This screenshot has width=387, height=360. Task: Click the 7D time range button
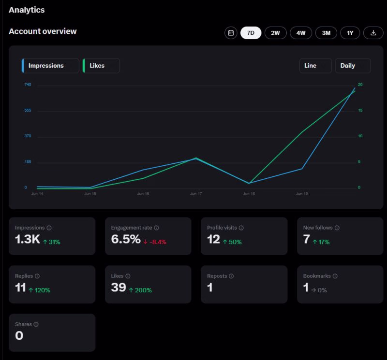[251, 33]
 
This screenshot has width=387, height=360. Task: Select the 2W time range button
[275, 33]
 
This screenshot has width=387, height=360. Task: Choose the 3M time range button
[326, 33]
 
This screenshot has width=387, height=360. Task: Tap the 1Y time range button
[350, 33]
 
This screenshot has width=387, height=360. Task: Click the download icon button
[373, 33]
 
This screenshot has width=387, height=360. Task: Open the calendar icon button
[231, 33]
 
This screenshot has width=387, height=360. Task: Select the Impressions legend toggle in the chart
[50, 66]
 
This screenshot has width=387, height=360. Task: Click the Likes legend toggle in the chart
[101, 66]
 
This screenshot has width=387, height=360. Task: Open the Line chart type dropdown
[315, 66]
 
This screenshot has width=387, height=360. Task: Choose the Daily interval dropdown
[353, 66]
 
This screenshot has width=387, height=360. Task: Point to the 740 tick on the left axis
[28, 85]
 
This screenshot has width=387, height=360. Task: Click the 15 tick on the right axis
[360, 110]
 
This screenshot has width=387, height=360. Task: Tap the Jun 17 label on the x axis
[196, 194]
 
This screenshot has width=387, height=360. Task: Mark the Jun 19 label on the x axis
[302, 194]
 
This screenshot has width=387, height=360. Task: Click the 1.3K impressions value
[28, 239]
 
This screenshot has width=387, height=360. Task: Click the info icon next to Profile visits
[241, 228]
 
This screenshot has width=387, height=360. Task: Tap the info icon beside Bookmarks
[335, 276]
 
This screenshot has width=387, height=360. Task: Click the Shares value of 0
[19, 335]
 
